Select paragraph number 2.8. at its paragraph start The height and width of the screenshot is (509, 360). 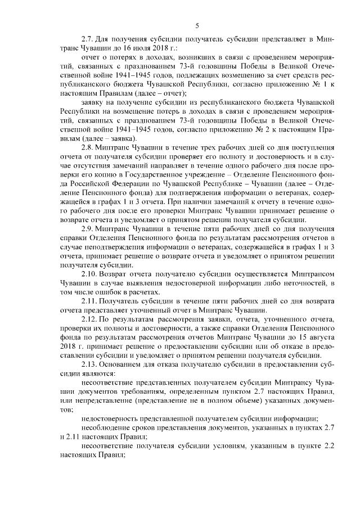pyautogui.click(x=89, y=147)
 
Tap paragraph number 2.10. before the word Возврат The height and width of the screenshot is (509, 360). pyautogui.click(x=91, y=274)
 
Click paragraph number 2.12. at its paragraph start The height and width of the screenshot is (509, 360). pyautogui.click(x=91, y=319)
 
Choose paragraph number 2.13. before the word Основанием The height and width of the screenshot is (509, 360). pyautogui.click(x=91, y=365)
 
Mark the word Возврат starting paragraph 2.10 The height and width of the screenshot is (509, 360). pyautogui.click(x=121, y=274)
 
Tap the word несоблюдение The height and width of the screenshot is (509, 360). pyautogui.click(x=107, y=429)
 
